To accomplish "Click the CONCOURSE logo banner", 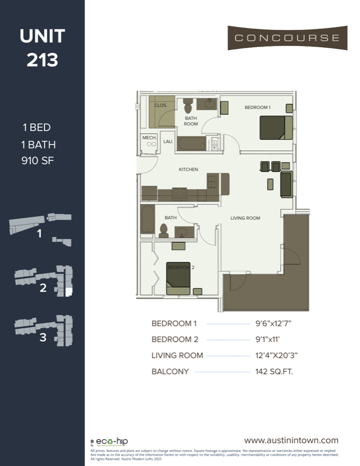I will [x=287, y=38].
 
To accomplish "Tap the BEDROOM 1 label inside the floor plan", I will [x=257, y=107].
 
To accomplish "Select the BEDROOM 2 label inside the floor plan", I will [x=178, y=267].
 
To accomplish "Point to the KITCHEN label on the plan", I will [x=188, y=169].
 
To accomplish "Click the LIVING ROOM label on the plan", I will [x=245, y=219].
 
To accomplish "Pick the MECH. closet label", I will [x=149, y=138].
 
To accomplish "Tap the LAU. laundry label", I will [x=168, y=141].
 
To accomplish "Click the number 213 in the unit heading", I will [x=42, y=60].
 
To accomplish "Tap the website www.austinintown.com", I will [x=291, y=440].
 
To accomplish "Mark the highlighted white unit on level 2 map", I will [x=68, y=292].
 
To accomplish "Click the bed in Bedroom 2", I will [x=178, y=279].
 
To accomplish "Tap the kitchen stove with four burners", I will [x=179, y=194].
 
